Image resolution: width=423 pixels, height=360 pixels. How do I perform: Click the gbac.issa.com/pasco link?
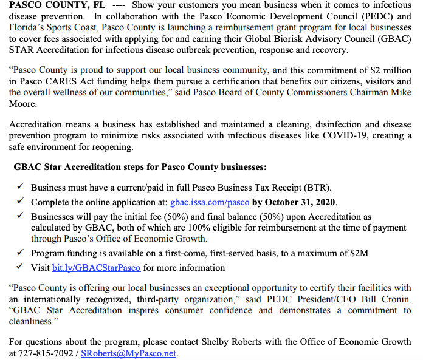click(x=210, y=202)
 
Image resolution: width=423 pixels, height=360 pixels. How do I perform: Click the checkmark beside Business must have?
click(x=19, y=188)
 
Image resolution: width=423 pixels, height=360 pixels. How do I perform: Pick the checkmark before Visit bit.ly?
click(x=19, y=267)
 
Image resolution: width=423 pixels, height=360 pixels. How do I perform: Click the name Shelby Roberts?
click(x=253, y=342)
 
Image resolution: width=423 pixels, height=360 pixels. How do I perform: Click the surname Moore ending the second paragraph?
click(x=22, y=103)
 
